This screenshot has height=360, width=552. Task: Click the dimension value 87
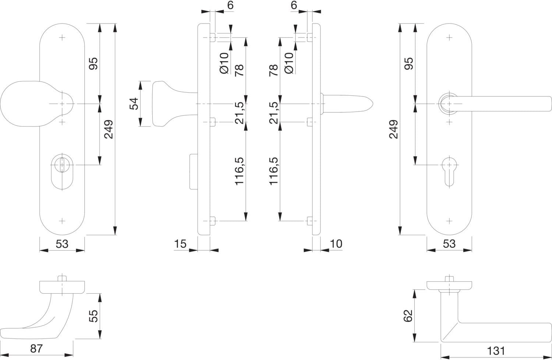pos(36,349)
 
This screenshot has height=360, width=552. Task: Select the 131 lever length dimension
pos(496,351)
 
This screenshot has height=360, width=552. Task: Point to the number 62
pos(408,316)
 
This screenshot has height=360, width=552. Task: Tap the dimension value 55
pos(93,316)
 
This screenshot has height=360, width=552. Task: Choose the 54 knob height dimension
pos(134,103)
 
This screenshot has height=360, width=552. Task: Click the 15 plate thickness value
pos(180,244)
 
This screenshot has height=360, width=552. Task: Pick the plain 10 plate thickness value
pos(336,244)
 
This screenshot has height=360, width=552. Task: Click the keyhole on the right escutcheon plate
pos(449,172)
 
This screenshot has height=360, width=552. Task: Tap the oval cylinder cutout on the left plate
pos(62,172)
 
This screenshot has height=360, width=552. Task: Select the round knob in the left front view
pos(35,103)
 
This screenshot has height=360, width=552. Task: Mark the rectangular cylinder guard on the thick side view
pos(194,172)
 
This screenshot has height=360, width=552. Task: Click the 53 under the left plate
pos(62,244)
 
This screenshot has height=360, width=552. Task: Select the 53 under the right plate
pos(449,244)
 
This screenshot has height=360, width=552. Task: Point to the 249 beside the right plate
pos(393,129)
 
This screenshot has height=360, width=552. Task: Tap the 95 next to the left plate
pos(93,64)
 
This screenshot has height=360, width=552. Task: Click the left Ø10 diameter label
pos(224,63)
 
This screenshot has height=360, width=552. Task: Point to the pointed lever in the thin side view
pos(347,104)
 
